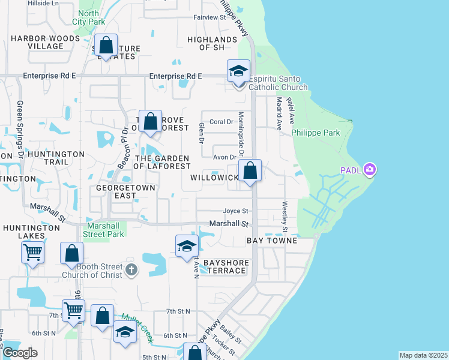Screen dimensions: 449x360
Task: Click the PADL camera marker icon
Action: point(369,170)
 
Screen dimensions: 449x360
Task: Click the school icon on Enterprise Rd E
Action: point(238,72)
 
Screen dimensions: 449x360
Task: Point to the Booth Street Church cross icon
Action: point(132,271)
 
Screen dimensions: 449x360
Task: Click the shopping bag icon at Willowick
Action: point(250,172)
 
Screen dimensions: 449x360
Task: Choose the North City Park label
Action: point(89,17)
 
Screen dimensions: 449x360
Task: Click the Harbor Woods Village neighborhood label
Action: point(45,42)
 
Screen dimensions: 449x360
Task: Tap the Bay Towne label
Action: point(272,241)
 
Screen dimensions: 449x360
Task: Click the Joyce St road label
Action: point(235,211)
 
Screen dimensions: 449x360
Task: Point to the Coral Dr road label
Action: point(221,122)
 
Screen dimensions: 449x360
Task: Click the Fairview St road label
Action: point(209,17)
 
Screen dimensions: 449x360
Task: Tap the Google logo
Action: point(19,353)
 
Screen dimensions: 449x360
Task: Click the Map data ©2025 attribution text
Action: point(423,355)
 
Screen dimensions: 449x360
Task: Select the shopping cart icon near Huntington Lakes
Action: point(32,253)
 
